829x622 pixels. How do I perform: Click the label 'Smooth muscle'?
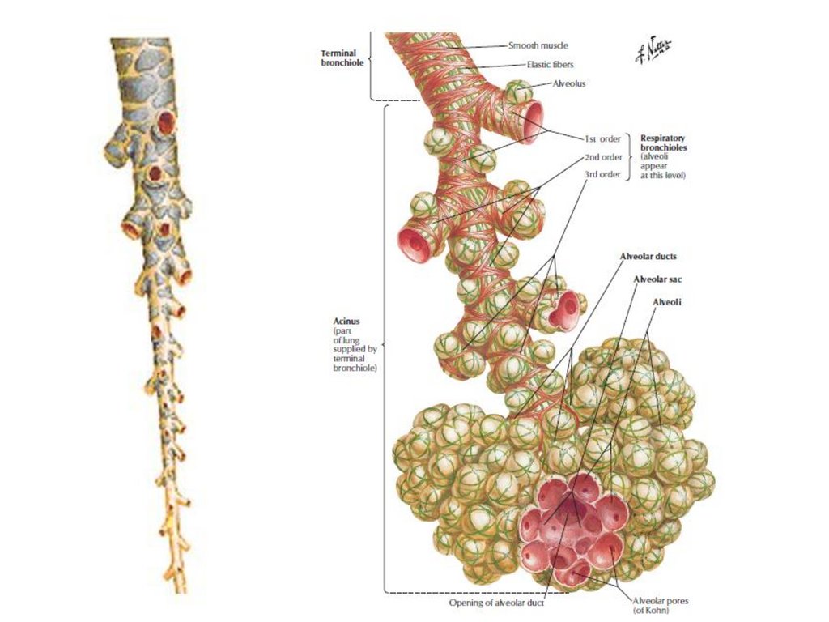537,46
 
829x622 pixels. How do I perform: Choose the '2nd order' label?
603,156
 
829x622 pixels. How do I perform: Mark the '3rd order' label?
603,174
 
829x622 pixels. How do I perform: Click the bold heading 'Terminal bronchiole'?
338,58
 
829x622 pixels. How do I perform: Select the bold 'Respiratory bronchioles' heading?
663,143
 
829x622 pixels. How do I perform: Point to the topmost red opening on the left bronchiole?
166,121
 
